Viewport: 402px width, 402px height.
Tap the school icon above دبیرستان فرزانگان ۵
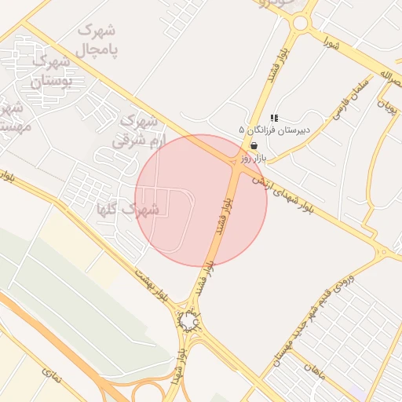(x=273, y=118)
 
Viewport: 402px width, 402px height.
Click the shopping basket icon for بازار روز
(x=254, y=145)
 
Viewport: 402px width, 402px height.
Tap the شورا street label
(x=334, y=45)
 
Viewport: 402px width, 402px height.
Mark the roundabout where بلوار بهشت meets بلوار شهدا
(x=188, y=321)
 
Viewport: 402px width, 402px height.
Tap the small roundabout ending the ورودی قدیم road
(x=383, y=252)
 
